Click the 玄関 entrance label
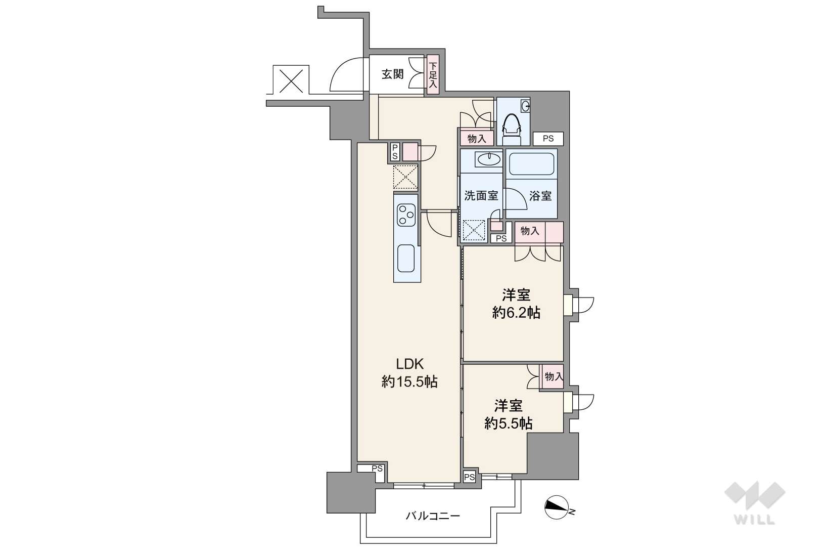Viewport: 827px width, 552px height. (392, 74)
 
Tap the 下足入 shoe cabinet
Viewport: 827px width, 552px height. (433, 74)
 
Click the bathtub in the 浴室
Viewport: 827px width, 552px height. (531, 164)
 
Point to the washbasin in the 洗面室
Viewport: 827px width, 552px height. (489, 159)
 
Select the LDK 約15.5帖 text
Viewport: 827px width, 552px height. (409, 373)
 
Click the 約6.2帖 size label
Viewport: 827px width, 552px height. (516, 313)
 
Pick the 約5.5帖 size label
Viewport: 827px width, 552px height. (509, 424)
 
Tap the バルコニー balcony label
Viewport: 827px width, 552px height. (433, 516)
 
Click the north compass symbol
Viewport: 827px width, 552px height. (558, 507)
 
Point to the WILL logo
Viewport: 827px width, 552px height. (755, 502)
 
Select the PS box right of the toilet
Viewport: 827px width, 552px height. (548, 139)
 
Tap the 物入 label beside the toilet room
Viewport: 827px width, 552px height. (477, 139)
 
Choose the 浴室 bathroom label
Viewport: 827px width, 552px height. (540, 196)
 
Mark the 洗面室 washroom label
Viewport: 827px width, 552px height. (481, 195)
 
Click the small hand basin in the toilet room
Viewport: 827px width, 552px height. (525, 106)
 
